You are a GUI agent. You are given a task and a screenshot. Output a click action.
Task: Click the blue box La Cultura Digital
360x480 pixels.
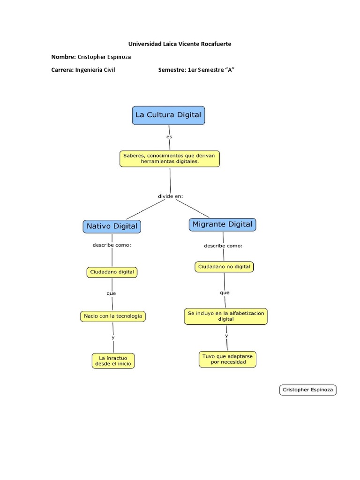click(168, 115)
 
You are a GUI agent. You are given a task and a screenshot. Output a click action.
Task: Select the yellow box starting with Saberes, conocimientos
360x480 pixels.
click(169, 158)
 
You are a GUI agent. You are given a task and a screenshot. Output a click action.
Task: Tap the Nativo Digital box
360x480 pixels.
click(112, 226)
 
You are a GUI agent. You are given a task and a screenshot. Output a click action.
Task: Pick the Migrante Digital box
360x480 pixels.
click(222, 225)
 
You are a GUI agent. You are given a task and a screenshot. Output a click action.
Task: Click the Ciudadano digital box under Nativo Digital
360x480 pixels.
click(112, 272)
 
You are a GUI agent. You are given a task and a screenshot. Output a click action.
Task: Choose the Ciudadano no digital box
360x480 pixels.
click(224, 267)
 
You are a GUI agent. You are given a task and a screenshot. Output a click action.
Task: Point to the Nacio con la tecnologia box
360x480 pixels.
click(112, 316)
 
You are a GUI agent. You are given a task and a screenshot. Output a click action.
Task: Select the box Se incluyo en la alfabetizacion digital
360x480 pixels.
click(225, 316)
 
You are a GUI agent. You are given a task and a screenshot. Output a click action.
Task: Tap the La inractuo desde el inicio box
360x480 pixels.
click(113, 360)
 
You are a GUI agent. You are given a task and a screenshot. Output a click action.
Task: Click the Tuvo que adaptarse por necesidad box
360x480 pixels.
click(227, 359)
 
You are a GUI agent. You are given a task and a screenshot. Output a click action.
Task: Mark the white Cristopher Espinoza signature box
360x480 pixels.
click(308, 390)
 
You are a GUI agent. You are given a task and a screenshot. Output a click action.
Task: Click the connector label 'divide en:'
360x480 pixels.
click(170, 196)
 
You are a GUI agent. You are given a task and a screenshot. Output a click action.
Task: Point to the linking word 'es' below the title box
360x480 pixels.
click(169, 137)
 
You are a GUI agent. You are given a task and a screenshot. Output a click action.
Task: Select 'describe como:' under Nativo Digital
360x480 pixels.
click(112, 245)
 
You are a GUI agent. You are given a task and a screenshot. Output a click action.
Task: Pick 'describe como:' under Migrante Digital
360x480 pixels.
click(223, 246)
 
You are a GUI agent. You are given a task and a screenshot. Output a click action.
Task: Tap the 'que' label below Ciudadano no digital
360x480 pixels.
click(225, 292)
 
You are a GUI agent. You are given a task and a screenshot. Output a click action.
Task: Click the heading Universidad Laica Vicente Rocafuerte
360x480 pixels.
click(180, 44)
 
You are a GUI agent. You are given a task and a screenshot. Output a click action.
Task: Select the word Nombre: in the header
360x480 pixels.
click(63, 57)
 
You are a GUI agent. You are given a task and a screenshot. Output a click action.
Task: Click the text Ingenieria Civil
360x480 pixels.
click(95, 70)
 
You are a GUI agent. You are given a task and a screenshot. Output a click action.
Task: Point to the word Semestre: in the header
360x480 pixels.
click(172, 70)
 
